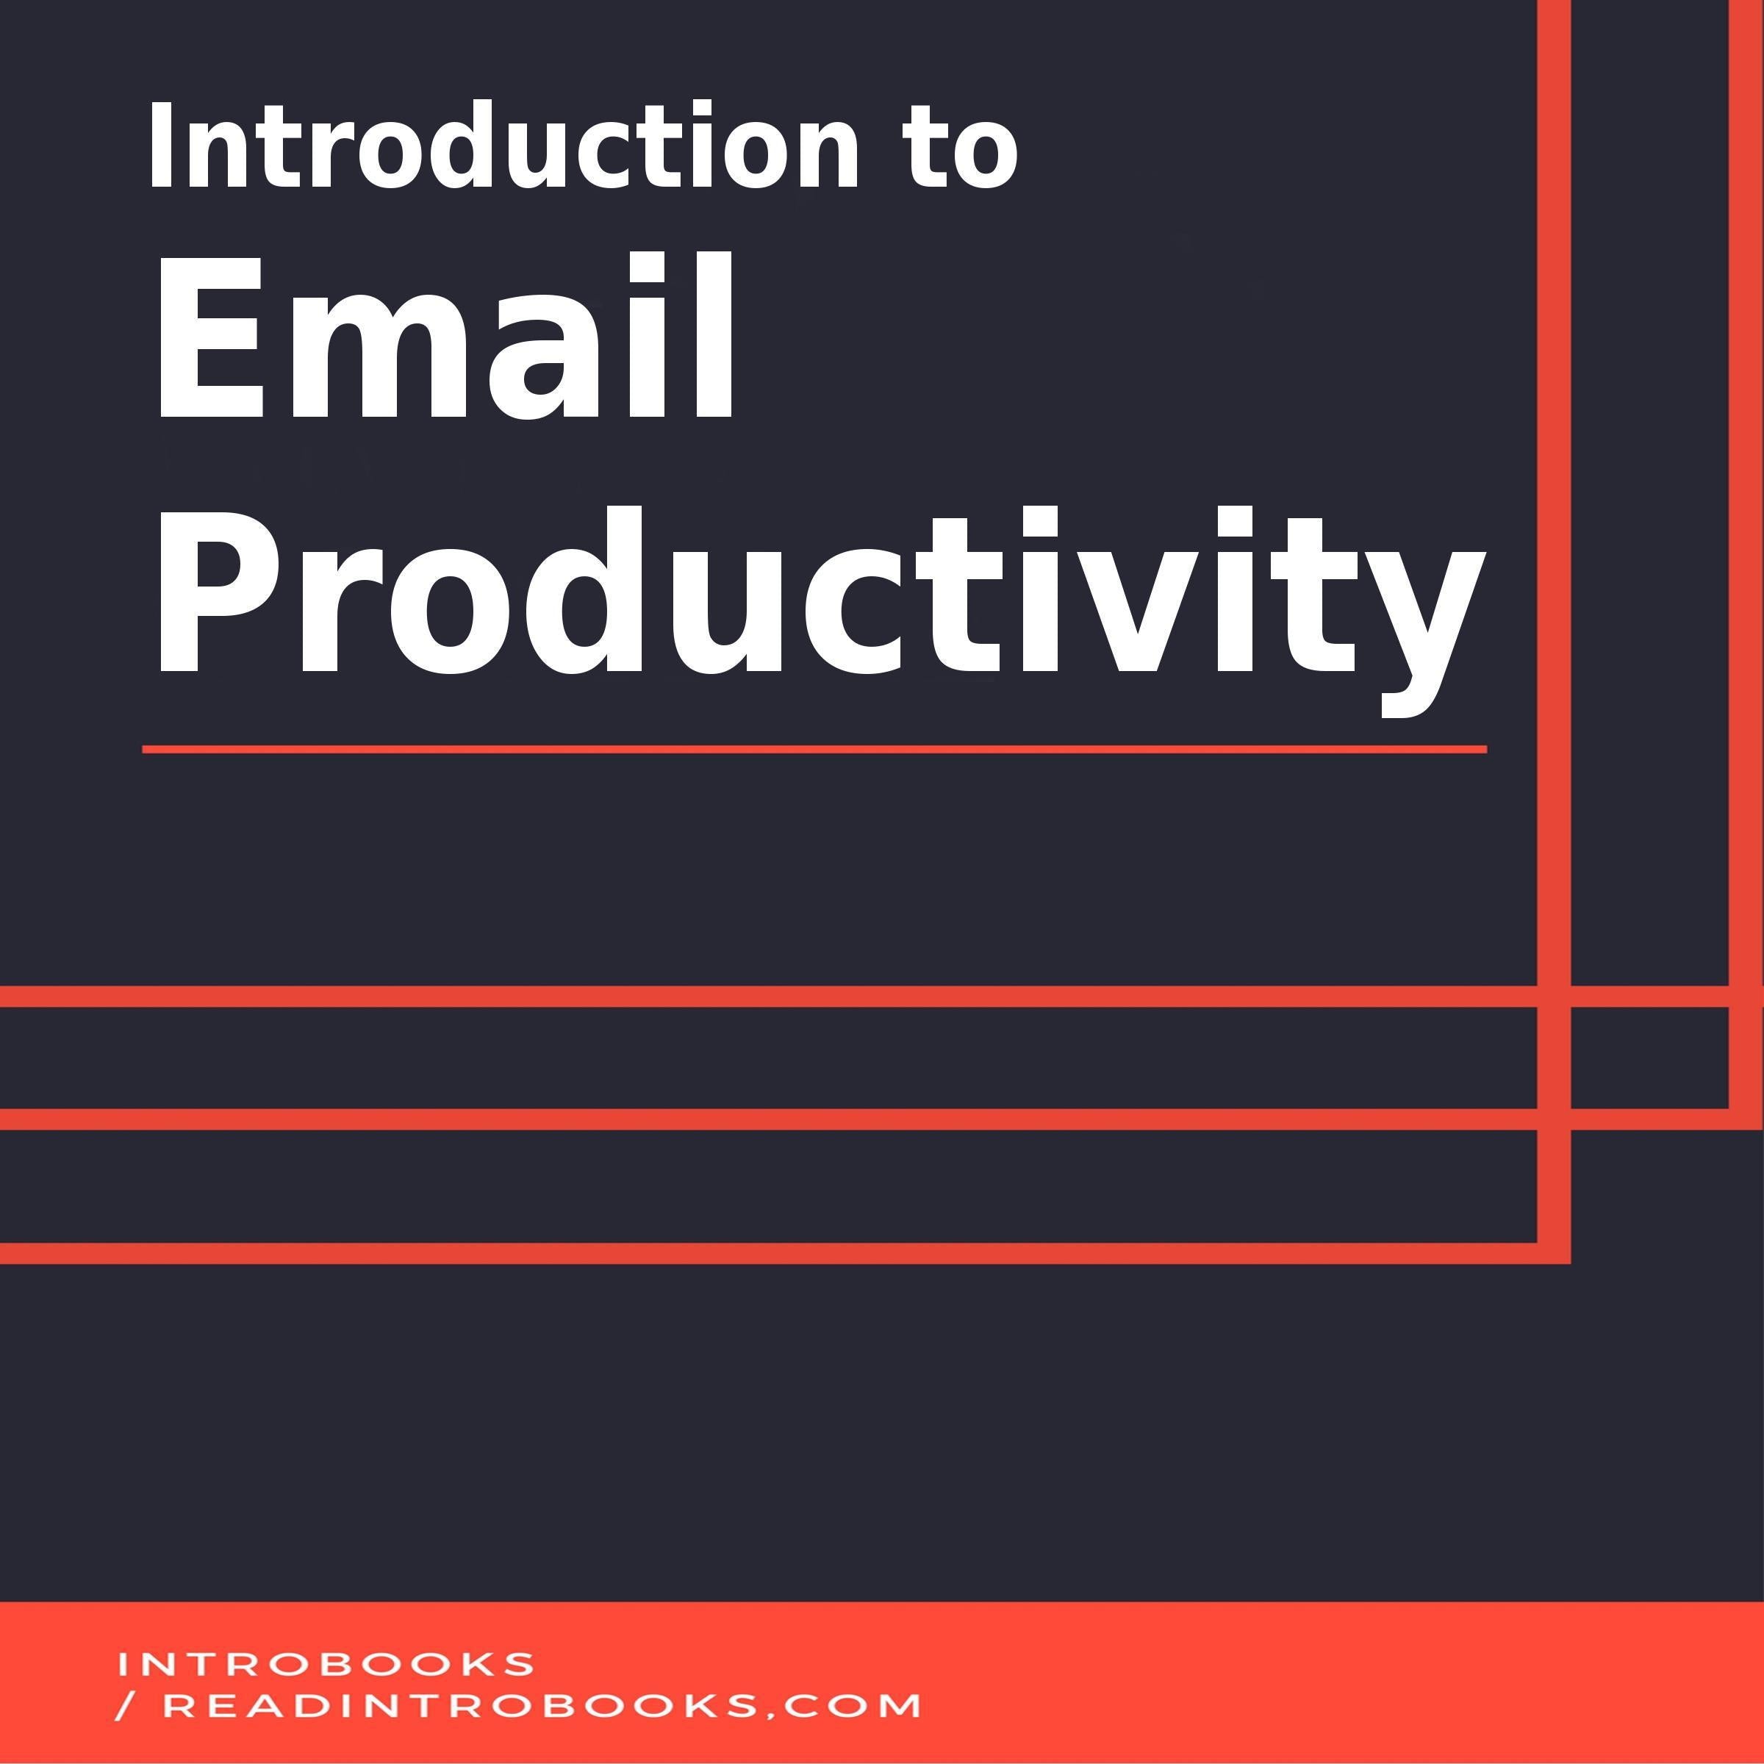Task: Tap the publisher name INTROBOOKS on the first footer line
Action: (x=325, y=1663)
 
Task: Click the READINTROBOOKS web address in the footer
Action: (x=542, y=1705)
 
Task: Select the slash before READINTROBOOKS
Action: (x=126, y=1705)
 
